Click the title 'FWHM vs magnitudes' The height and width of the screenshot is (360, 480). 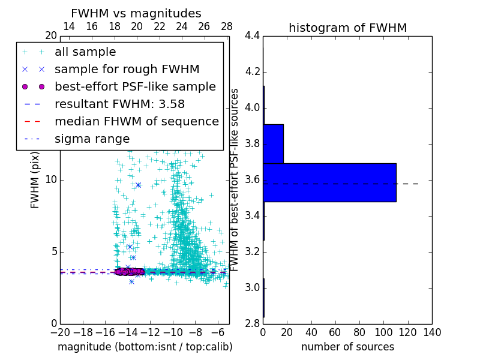[136, 13]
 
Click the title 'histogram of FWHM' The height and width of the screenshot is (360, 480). [347, 28]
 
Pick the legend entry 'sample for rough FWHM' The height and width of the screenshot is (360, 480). [127, 69]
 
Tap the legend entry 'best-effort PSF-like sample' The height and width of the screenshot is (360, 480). [135, 86]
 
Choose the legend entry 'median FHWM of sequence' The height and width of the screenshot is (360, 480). [136, 121]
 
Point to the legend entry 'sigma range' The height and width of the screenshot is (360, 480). [92, 139]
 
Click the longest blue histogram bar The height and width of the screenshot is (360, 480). [329, 182]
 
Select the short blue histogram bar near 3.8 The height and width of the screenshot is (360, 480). [273, 143]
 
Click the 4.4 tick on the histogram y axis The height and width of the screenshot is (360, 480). [253, 36]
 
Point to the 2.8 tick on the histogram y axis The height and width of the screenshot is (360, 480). [253, 323]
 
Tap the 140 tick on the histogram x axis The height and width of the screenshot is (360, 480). [432, 332]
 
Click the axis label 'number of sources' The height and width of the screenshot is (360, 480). [347, 347]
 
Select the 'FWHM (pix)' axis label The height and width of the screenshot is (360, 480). [35, 180]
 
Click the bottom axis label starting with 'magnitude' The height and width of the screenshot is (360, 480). [145, 347]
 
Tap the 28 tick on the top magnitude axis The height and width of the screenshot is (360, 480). [227, 26]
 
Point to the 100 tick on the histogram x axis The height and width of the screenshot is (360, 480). [383, 332]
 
